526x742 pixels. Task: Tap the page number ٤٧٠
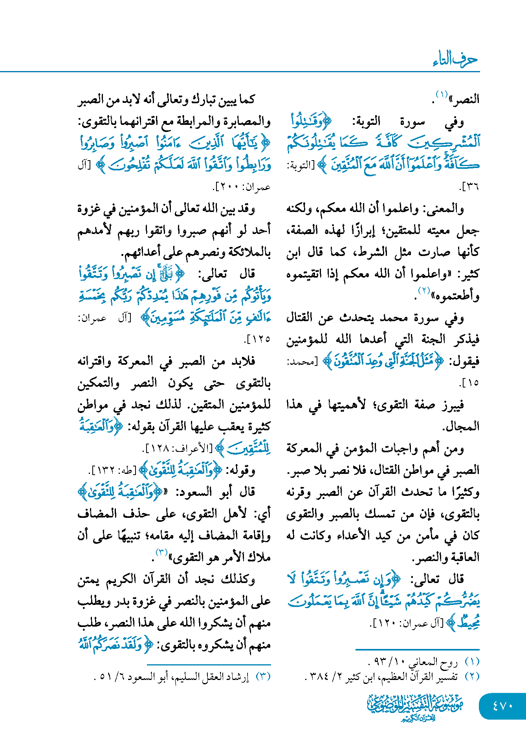(502, 705)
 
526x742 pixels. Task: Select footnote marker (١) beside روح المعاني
(472, 662)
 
